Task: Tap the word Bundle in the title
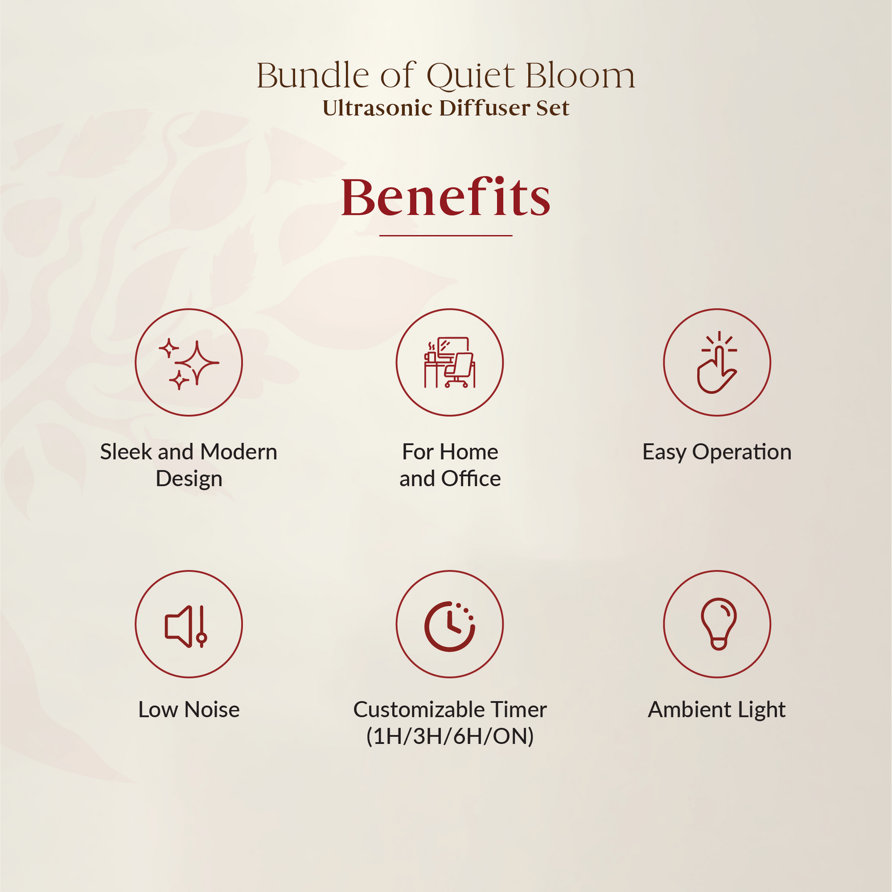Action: point(313,76)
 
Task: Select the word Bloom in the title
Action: point(580,76)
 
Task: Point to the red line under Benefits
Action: point(445,235)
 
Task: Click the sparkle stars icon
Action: point(189,363)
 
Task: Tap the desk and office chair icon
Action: point(450,363)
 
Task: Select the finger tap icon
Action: point(717,363)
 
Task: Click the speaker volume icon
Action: point(186,626)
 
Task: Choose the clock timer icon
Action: point(450,626)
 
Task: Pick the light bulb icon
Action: point(719,624)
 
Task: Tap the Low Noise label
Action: point(189,709)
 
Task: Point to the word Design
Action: point(189,479)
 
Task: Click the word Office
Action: point(471,478)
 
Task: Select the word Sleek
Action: point(126,452)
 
